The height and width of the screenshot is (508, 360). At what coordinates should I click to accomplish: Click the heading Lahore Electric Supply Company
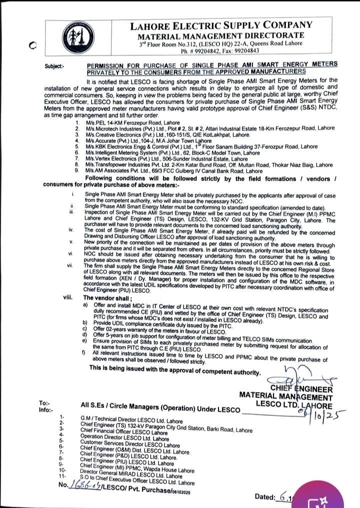(221, 25)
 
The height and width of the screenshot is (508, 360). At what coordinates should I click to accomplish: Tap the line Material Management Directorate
(221, 35)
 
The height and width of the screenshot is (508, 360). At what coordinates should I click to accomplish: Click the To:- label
(44, 402)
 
